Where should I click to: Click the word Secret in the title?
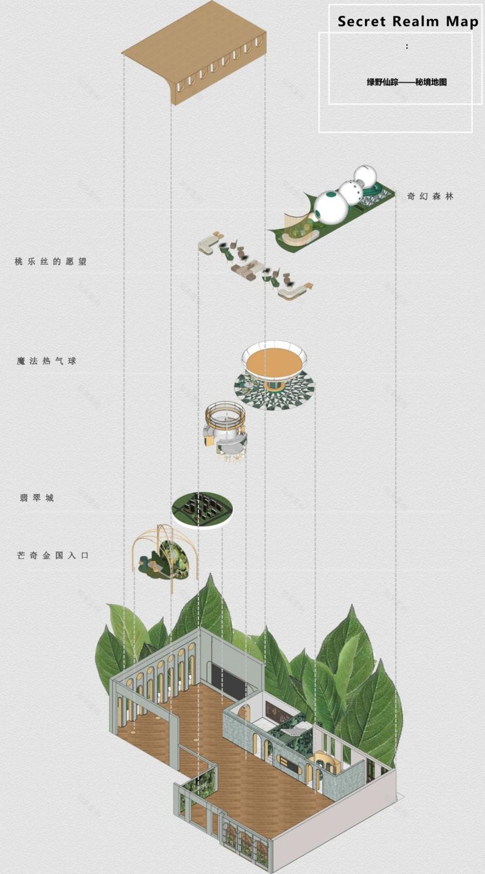point(361,22)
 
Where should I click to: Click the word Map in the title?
point(462,22)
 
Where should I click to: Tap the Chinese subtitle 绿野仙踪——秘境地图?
point(407,82)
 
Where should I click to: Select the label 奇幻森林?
point(430,196)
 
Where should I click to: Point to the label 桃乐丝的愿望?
point(51,261)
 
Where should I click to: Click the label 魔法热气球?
point(46,361)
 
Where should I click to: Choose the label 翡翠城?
point(37,498)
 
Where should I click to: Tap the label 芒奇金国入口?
point(53,555)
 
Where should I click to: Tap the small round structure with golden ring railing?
point(224,425)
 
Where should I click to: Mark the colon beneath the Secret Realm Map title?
point(407,46)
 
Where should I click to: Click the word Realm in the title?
point(416,22)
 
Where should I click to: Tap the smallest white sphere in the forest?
point(365,176)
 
